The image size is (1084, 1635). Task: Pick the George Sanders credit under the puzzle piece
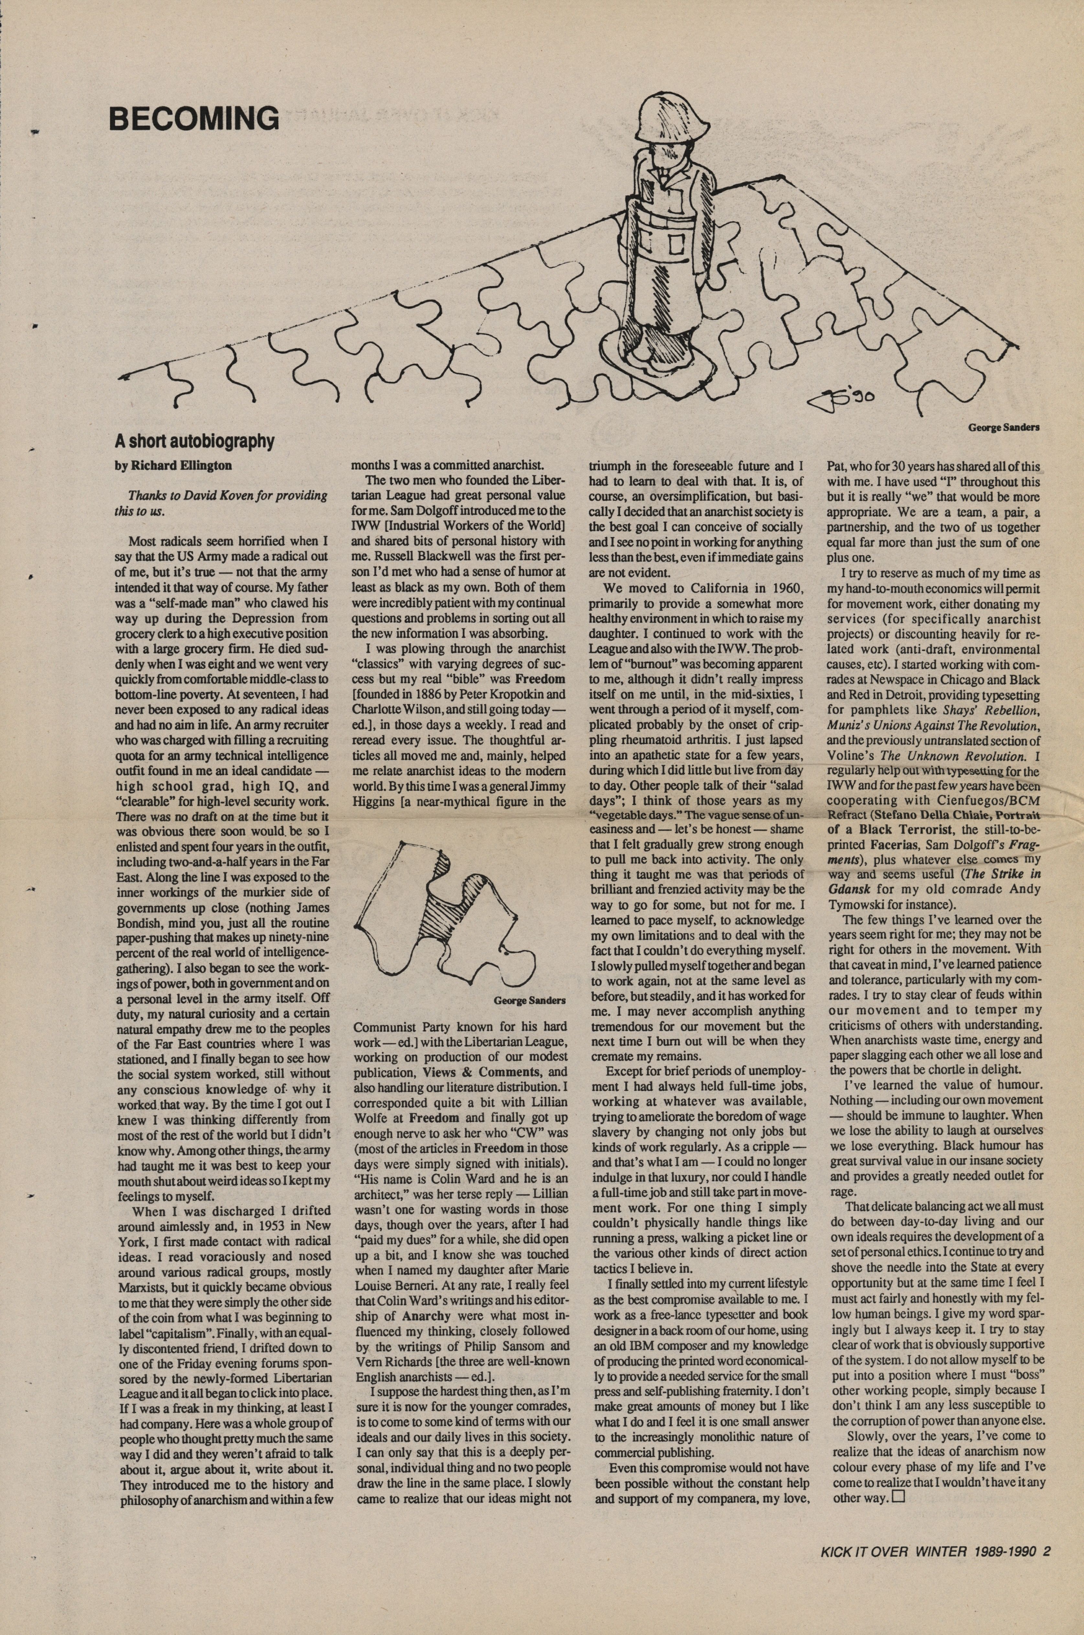point(530,1000)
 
